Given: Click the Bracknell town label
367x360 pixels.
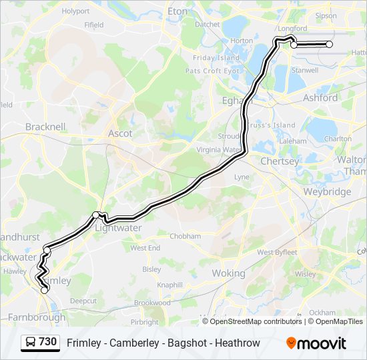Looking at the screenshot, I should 45,126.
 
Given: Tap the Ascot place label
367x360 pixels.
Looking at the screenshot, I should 120,133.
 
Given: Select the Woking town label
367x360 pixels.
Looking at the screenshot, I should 228,273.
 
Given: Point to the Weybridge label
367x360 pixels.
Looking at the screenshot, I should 327,192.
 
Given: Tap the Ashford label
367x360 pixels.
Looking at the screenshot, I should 320,97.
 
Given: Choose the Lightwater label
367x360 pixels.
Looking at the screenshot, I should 119,227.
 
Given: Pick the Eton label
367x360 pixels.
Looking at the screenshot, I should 178,11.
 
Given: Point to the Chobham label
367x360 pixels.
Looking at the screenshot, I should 185,236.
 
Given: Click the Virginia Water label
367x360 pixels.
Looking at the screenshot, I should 218,150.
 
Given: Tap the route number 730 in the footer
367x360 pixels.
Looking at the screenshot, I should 48,342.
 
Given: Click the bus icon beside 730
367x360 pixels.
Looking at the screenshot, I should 31,343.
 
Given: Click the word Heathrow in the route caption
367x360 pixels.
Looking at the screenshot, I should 239,343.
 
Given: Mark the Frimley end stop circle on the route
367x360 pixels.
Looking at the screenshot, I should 45,290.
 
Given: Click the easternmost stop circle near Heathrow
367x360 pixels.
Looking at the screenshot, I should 329,44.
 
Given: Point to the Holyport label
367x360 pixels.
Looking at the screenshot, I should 75,11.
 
